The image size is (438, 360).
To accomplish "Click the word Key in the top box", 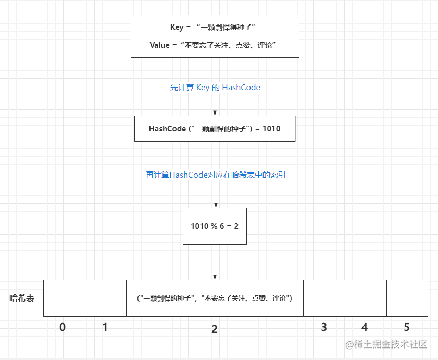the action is tap(177, 27).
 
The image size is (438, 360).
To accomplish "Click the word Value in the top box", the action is tap(159, 45).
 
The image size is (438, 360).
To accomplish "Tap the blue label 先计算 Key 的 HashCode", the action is tap(215, 88).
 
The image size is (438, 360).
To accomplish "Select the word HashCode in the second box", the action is tap(167, 129).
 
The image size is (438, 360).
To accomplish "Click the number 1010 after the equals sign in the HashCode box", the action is tap(271, 129).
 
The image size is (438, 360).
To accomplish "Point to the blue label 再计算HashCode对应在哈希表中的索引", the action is tap(216, 175).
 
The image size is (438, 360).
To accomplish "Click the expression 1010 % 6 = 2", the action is tap(215, 226).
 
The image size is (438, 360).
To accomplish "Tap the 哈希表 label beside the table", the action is tap(22, 298).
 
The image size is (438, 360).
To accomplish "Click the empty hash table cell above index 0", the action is tap(64, 298).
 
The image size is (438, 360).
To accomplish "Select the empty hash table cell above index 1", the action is tap(106, 298).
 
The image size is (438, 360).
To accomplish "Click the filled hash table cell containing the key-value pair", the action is tap(215, 298).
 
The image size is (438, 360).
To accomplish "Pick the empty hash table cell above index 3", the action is tap(324, 298).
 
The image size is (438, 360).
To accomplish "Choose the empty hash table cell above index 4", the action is tap(366, 298).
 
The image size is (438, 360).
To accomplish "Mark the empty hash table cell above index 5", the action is tap(407, 298).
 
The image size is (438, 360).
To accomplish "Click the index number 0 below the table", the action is tap(62, 327).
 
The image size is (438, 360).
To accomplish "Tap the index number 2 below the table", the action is tap(215, 329).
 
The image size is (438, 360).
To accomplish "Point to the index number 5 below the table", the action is tap(407, 327).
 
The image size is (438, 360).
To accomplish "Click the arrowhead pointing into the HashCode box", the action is tap(215, 113).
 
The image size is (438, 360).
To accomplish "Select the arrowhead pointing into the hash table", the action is tap(215, 277).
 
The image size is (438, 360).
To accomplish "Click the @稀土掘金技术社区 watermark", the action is tap(386, 344).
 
